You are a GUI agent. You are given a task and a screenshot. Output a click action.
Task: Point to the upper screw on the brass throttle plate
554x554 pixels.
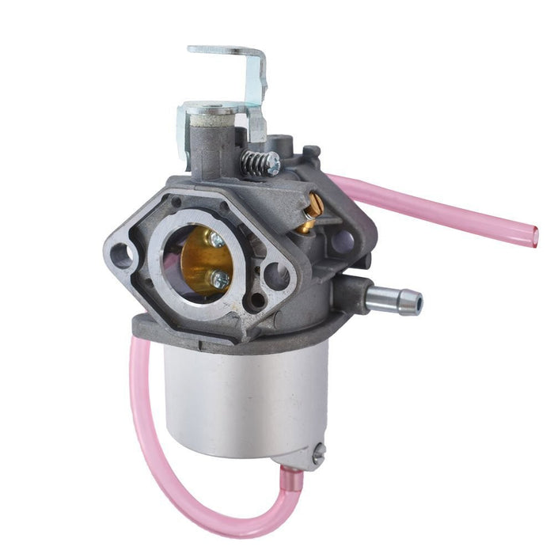click(216, 238)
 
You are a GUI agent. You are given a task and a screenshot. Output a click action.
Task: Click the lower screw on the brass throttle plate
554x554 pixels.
click(222, 279)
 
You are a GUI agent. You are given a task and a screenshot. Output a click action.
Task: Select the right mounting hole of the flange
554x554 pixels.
click(276, 276)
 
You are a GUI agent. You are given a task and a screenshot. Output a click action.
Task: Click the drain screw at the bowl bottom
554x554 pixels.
click(319, 453)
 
